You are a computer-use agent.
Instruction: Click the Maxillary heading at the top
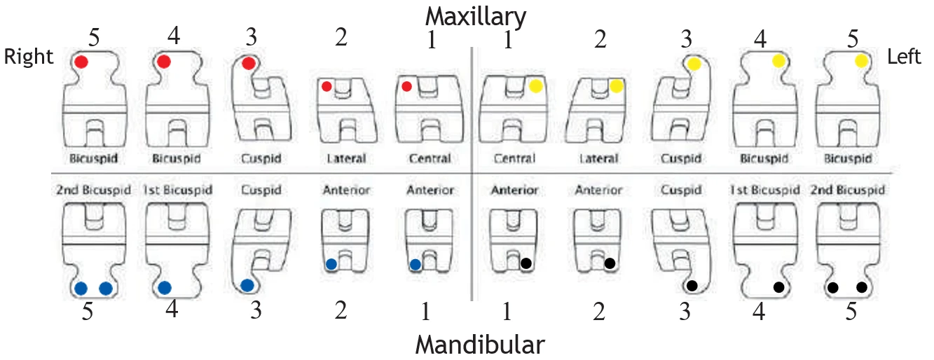pos(476,15)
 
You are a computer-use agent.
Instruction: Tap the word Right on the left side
pos(29,57)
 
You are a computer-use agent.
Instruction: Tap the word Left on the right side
pos(904,56)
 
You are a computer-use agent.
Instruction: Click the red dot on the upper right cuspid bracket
pos(248,64)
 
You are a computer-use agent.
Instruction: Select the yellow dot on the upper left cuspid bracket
pos(694,64)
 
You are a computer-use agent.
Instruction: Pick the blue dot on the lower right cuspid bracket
pos(247,285)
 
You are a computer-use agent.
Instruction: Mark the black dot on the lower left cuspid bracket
pos(692,286)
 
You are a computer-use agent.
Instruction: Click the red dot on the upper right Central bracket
pos(406,87)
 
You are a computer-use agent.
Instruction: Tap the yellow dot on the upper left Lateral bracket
pos(616,87)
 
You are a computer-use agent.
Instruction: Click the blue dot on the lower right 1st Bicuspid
pos(165,287)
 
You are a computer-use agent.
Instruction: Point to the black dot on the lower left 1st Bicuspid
pos(778,286)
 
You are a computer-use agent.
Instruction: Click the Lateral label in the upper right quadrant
pos(346,159)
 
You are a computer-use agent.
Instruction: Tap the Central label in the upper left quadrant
pos(514,159)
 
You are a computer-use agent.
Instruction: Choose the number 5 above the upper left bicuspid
pos(853,39)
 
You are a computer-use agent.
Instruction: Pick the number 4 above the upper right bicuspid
pos(174,35)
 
